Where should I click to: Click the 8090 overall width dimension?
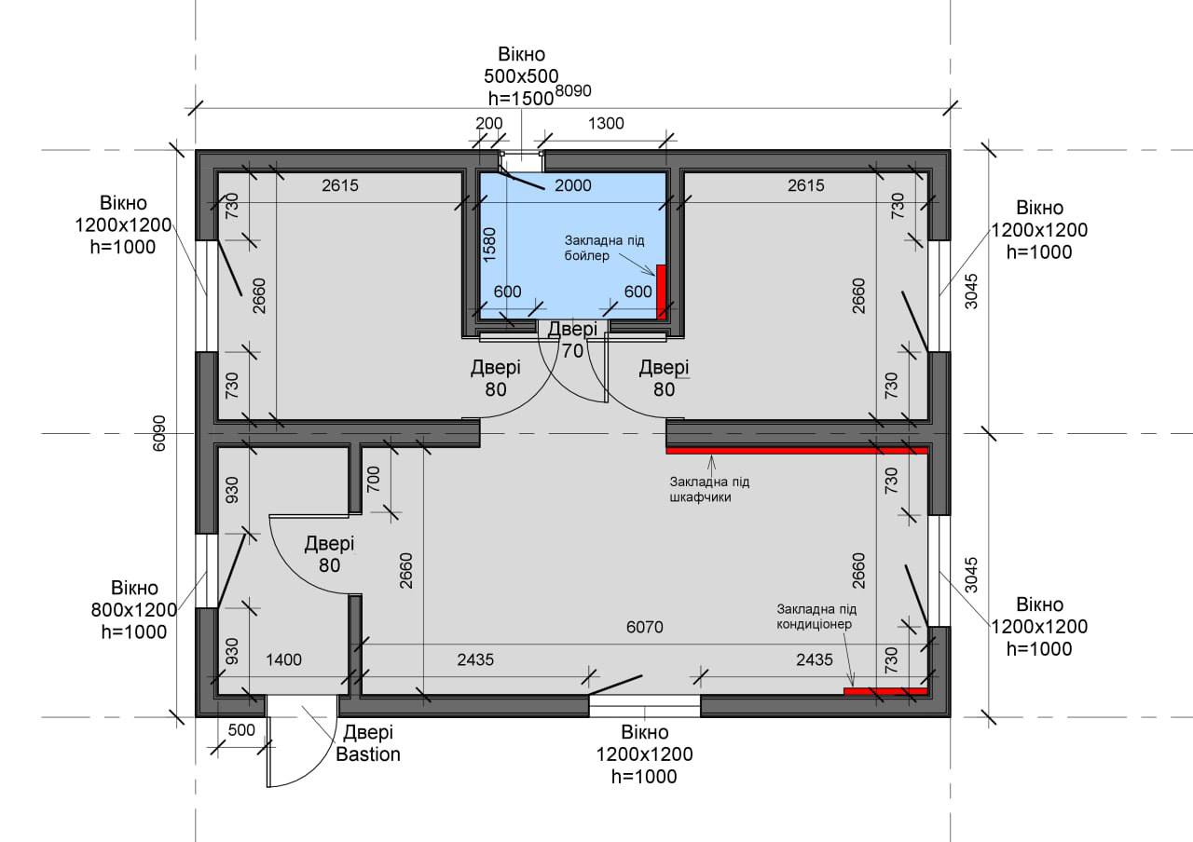(x=573, y=91)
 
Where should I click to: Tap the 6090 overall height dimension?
(x=159, y=433)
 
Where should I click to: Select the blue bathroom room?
(x=573, y=245)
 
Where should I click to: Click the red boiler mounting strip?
(x=661, y=292)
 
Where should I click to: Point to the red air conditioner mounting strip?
(x=885, y=691)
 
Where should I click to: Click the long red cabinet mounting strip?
(x=797, y=450)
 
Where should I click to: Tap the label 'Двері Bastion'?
(x=368, y=743)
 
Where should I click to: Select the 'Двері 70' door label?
(x=572, y=340)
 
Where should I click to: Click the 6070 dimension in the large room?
(x=644, y=627)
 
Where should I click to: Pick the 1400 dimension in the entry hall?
(x=284, y=660)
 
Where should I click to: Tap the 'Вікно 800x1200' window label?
(x=134, y=609)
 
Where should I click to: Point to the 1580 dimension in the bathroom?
(x=489, y=244)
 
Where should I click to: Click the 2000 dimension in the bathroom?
(x=573, y=185)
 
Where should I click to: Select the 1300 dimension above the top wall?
(x=606, y=124)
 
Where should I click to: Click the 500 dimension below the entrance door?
(x=241, y=729)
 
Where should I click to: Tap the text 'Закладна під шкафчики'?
(x=709, y=489)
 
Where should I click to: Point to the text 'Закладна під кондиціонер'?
(x=816, y=617)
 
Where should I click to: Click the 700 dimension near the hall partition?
(x=374, y=479)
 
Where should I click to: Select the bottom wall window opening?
(x=644, y=706)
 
